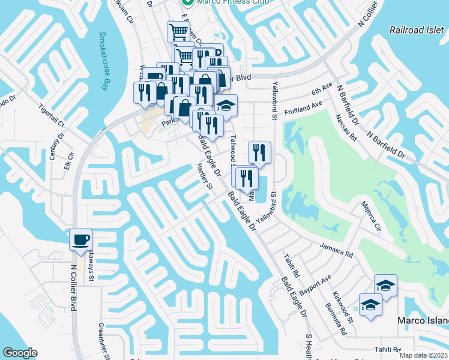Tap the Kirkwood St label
pos(342,307)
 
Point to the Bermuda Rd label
pos(339,323)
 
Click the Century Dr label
pos(55,148)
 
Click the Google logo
pos(20,353)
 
